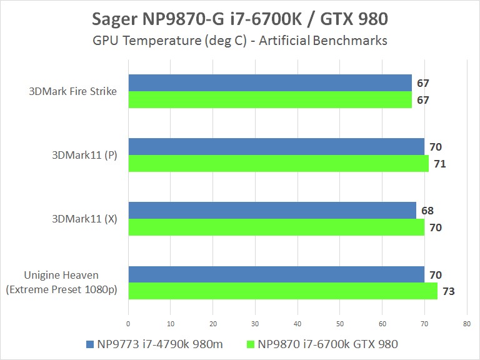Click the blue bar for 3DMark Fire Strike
(x=270, y=83)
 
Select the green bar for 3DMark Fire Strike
(x=270, y=100)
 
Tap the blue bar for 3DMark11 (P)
(x=276, y=147)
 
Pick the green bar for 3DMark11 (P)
(x=278, y=164)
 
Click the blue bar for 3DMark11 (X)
(x=272, y=211)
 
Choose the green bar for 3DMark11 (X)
(x=276, y=227)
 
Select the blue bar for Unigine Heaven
(x=276, y=274)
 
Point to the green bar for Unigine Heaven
(x=282, y=291)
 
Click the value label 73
(x=449, y=291)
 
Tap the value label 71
(x=440, y=164)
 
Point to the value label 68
(x=427, y=211)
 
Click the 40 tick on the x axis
(x=297, y=324)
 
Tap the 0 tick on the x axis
(x=128, y=324)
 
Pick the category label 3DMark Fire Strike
(x=72, y=91)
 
